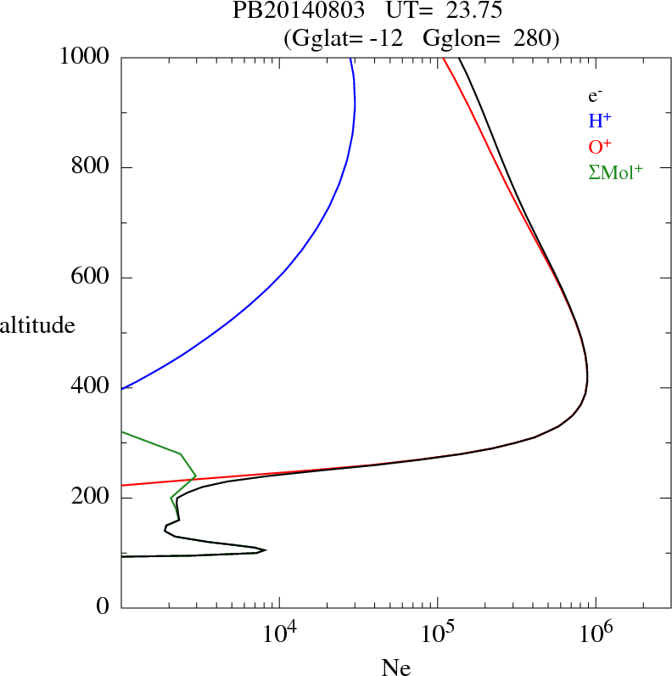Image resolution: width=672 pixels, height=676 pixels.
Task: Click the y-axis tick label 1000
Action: point(85,57)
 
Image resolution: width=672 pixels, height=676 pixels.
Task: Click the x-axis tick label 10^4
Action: point(279,633)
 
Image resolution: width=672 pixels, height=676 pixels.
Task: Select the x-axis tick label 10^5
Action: point(437,633)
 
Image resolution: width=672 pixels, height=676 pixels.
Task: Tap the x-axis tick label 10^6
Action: point(596,633)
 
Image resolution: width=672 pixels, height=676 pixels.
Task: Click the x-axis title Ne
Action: point(395,667)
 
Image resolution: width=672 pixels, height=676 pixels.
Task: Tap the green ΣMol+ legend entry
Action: point(614,171)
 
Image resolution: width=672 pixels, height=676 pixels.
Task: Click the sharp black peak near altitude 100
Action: point(265,550)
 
